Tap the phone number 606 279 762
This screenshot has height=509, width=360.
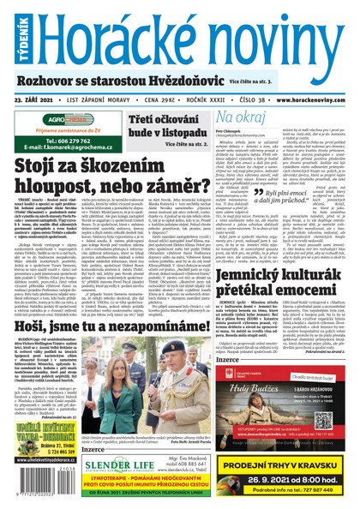click(x=65, y=140)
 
